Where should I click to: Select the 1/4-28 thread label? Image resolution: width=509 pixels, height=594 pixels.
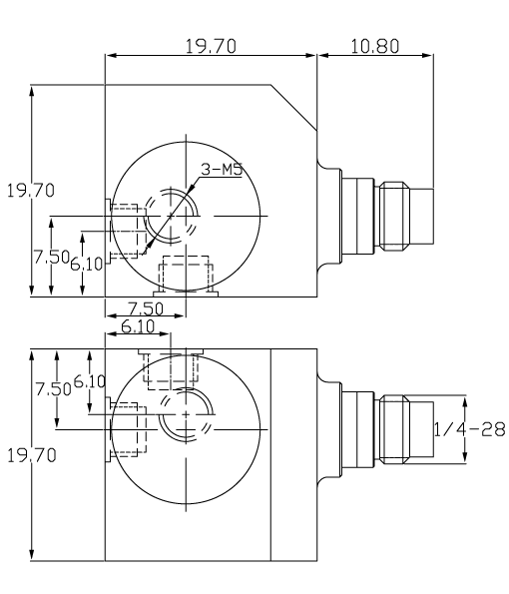[470, 428]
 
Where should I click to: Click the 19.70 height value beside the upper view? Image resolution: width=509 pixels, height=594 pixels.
[30, 191]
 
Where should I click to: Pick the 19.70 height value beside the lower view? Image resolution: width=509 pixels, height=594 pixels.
[30, 455]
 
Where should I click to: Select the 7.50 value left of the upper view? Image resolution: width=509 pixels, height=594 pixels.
[51, 257]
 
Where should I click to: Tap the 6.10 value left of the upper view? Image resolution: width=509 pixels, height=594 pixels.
[88, 262]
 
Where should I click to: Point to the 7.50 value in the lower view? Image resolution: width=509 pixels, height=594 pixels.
[51, 386]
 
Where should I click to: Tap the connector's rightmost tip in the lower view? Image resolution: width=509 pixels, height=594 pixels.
[432, 428]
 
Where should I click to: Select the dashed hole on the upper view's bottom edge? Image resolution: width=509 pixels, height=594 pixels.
[187, 273]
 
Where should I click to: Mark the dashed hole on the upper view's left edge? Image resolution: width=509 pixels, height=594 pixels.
[124, 231]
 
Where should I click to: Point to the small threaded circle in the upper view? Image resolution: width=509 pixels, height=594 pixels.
[172, 215]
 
